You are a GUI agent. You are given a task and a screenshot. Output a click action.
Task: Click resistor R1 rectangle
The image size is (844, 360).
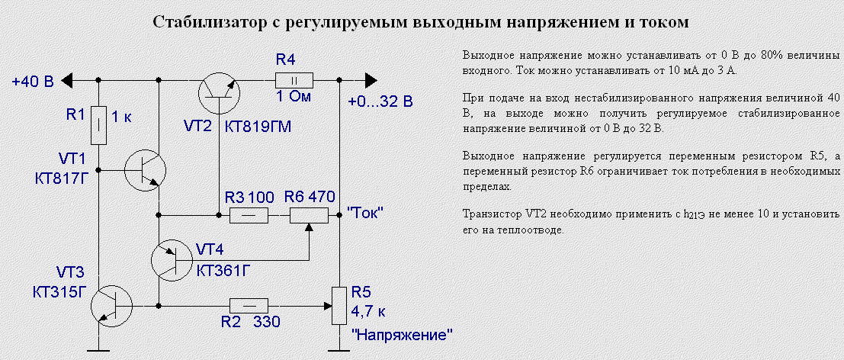[98, 126]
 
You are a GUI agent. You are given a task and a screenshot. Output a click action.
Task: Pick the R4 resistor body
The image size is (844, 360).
[294, 79]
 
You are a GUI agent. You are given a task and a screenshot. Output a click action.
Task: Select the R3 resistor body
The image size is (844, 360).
[249, 216]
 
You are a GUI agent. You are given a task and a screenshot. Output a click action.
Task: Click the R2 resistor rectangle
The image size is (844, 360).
[249, 307]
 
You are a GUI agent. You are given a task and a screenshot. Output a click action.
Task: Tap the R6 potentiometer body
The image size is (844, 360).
[308, 216]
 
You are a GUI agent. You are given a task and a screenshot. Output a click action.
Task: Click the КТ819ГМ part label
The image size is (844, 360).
[258, 126]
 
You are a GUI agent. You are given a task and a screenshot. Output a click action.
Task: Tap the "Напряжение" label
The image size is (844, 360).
[402, 334]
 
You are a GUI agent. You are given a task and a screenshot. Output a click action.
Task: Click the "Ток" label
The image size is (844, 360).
[364, 214]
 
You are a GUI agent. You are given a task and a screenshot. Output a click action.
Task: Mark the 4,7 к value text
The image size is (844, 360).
[368, 311]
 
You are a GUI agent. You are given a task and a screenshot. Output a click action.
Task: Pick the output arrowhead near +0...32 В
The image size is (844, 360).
[371, 79]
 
